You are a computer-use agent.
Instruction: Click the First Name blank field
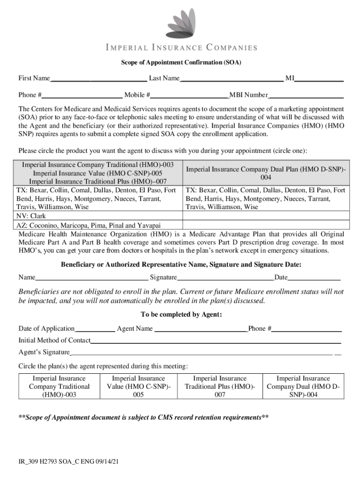coord(99,78)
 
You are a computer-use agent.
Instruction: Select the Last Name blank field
coord(231,78)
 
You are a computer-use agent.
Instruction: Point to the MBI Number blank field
coord(306,95)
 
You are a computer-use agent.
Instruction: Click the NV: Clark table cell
coord(100,216)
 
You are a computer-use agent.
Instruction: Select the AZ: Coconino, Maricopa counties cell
coord(100,225)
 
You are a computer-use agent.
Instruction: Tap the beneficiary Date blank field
coord(314,277)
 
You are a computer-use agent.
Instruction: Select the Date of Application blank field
coord(95,328)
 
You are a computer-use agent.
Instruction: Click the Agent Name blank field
coord(201,328)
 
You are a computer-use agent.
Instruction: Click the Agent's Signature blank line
coord(201,352)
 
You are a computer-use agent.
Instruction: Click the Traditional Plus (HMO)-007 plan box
coord(220,386)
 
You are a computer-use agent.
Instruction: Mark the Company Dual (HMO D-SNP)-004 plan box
coord(303,386)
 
